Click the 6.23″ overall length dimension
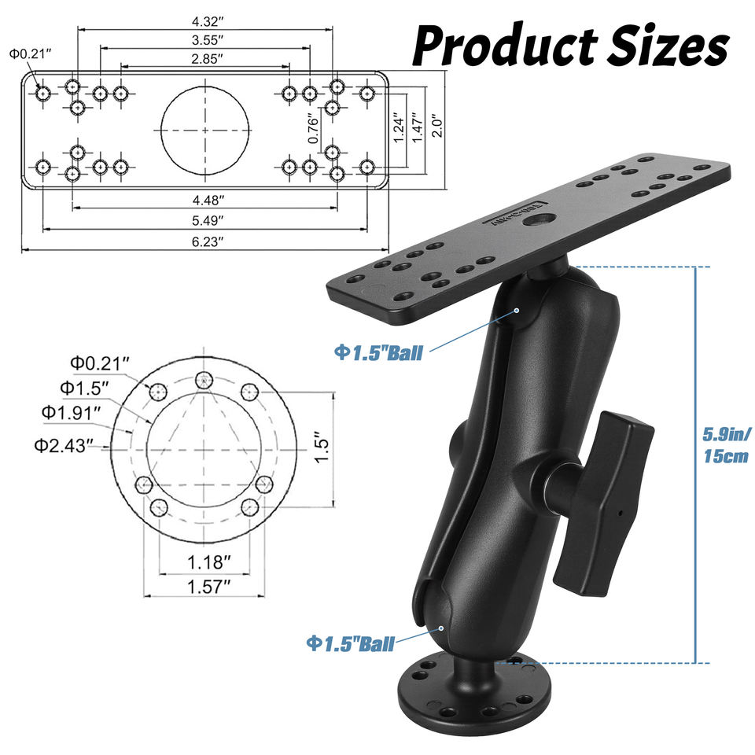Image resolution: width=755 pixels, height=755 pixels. pos(208,241)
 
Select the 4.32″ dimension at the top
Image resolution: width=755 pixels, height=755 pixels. pos(208,22)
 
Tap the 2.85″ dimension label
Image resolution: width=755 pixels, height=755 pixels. pos(207,59)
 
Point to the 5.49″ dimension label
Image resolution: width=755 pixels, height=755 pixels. pos(208,220)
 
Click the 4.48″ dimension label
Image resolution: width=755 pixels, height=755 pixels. pos(208,199)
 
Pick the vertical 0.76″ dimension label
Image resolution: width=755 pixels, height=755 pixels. pos(314,129)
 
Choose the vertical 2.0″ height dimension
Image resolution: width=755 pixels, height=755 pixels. pos(436,126)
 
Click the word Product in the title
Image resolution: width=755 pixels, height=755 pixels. pos(505,46)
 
